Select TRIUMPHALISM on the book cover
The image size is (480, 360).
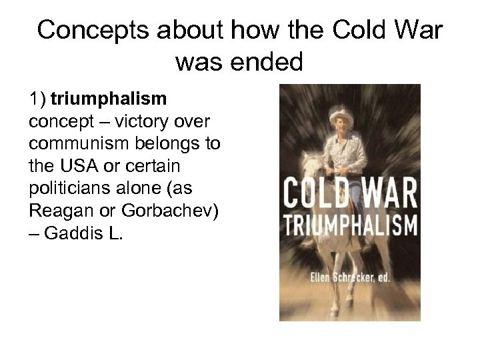pos(351,225)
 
